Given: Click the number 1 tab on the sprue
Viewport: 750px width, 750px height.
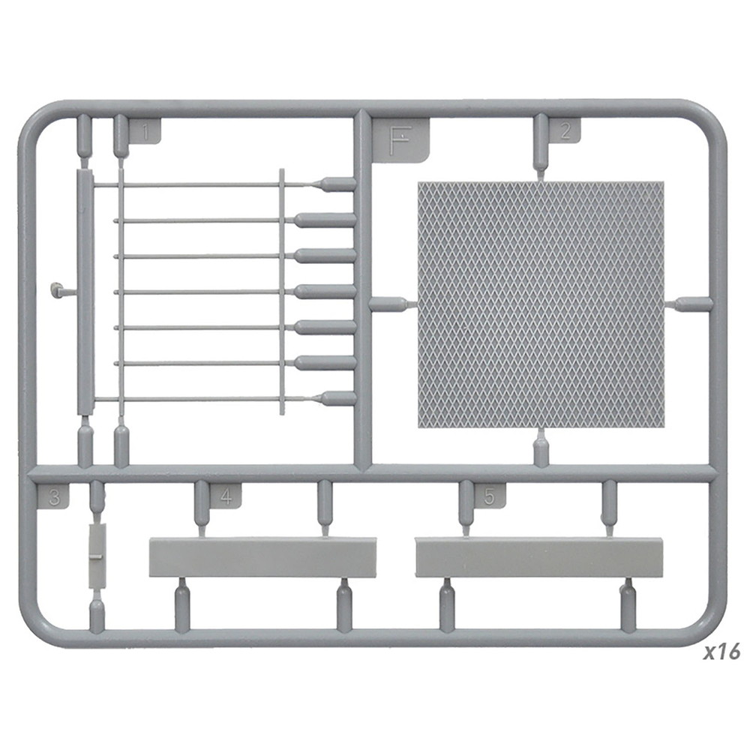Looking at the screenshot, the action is click(145, 130).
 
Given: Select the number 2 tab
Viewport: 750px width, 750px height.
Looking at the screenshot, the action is click(565, 130).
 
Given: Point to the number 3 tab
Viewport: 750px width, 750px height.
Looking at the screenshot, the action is click(53, 496).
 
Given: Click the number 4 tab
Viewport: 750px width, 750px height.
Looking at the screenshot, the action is click(225, 496).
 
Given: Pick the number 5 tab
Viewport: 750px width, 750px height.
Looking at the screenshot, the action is click(489, 496).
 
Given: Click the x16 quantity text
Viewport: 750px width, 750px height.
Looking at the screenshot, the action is click(721, 652).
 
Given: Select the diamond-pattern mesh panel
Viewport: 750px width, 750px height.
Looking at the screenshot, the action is click(541, 304).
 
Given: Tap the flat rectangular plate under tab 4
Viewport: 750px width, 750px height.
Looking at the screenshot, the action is click(262, 557).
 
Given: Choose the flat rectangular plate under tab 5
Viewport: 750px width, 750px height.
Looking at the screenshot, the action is click(539, 557).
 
